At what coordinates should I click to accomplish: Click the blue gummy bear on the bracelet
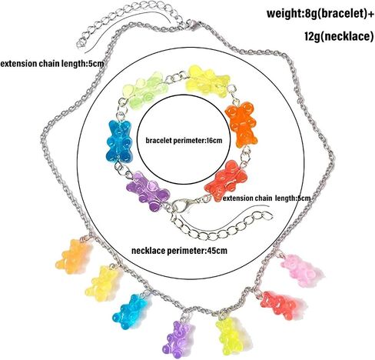(119, 142)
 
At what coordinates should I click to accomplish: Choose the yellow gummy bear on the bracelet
(207, 80)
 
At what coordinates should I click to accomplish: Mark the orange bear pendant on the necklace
(73, 256)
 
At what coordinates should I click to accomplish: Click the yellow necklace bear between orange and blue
(103, 283)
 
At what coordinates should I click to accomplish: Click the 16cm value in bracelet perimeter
(213, 141)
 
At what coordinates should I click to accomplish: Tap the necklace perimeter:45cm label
(179, 251)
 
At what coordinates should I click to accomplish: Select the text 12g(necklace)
(339, 36)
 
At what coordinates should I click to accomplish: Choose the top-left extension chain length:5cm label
(52, 64)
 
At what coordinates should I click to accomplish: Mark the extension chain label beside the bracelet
(267, 198)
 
